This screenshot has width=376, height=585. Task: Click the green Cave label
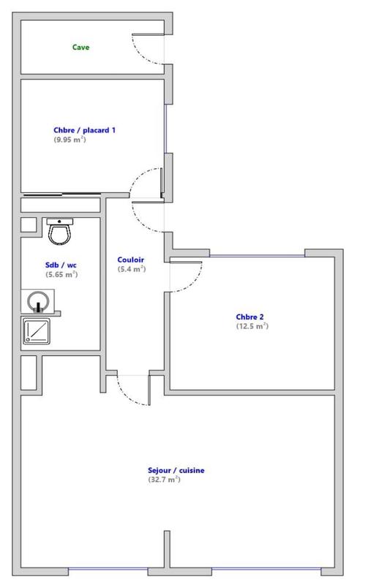pyautogui.click(x=80, y=48)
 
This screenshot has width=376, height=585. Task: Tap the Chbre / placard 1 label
pyautogui.click(x=84, y=130)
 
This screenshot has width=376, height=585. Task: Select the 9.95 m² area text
pyautogui.click(x=69, y=139)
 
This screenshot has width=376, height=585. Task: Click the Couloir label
pyautogui.click(x=131, y=260)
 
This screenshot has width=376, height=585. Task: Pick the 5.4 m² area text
pyautogui.click(x=132, y=269)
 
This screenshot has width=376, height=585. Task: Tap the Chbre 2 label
pyautogui.click(x=250, y=317)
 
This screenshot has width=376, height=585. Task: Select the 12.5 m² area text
pyautogui.click(x=252, y=326)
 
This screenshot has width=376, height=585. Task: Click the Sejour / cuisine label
pyautogui.click(x=176, y=470)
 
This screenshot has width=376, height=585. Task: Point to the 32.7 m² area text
pyautogui.click(x=164, y=480)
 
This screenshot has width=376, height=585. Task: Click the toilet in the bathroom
pyautogui.click(x=59, y=231)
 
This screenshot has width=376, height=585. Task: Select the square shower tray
pyautogui.click(x=37, y=331)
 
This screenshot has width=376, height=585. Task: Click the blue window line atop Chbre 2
pyautogui.click(x=256, y=254)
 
